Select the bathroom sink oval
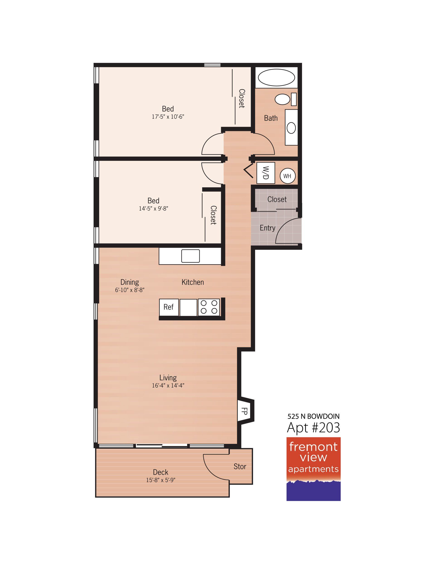point(291,128)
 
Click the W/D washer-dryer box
point(266,173)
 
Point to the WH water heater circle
point(287,176)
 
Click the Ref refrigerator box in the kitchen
point(169,307)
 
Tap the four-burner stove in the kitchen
point(209,307)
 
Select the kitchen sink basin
point(191,256)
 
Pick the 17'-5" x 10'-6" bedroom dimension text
point(168,117)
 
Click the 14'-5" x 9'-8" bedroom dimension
point(153,209)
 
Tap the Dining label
point(130,282)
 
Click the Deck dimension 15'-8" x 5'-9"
point(161,480)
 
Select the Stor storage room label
point(240,466)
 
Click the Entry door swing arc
point(283,226)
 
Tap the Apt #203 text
point(313,428)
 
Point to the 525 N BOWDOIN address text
point(313,416)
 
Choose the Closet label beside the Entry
point(277,199)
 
